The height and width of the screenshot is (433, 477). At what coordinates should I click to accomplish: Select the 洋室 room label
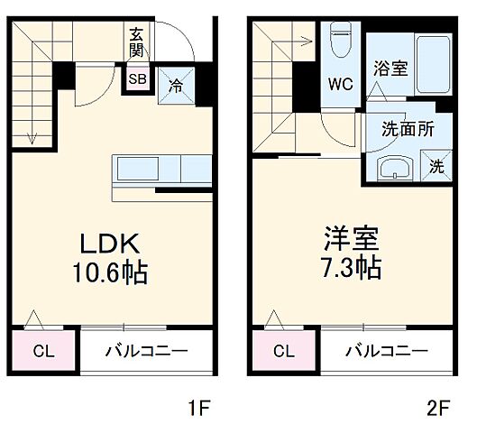[x=352, y=240]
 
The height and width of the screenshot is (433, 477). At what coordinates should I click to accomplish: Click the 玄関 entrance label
[x=137, y=43]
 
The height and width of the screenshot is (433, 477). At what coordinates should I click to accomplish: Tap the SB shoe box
[x=138, y=79]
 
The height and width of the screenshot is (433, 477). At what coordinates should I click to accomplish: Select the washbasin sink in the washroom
[x=393, y=168]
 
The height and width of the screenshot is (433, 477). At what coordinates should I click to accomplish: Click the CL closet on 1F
[x=42, y=352]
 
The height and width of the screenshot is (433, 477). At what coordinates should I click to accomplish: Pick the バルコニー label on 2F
[x=385, y=352]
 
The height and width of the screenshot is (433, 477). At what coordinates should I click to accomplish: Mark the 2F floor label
[x=438, y=408]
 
